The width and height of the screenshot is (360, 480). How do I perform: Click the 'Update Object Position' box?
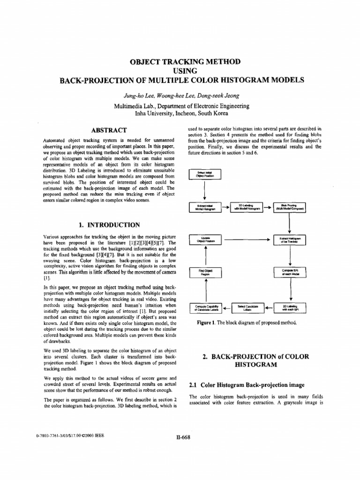(204, 240)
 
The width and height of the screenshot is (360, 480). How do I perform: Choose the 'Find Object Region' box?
(204, 273)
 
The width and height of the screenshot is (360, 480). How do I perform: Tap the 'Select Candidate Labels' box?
(247, 307)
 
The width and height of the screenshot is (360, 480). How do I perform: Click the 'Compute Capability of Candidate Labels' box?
(204, 307)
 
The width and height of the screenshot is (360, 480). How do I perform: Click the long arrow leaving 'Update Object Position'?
(247, 240)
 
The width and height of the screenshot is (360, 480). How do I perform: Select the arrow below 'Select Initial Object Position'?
(204, 191)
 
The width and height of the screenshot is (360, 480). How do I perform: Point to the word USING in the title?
(181, 71)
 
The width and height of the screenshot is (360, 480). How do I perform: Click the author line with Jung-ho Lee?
(181, 96)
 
